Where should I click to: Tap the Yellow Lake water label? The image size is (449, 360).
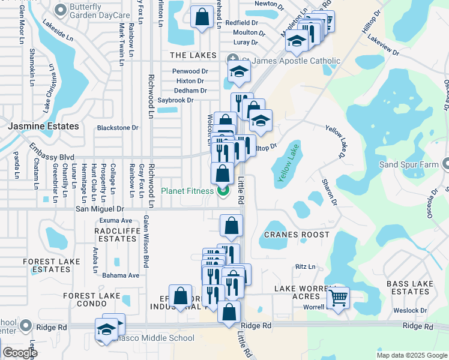288,163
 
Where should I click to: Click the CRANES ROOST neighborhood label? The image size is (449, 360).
297,235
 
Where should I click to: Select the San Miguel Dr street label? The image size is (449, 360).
99,209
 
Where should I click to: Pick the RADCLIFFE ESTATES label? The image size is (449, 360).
118,233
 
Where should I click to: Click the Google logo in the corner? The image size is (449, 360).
19,353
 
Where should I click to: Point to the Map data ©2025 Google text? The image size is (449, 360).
412,355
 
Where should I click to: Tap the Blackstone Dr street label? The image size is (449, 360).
118,128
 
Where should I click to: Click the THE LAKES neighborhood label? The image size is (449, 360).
193,55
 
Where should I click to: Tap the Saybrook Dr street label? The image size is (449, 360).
175,100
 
